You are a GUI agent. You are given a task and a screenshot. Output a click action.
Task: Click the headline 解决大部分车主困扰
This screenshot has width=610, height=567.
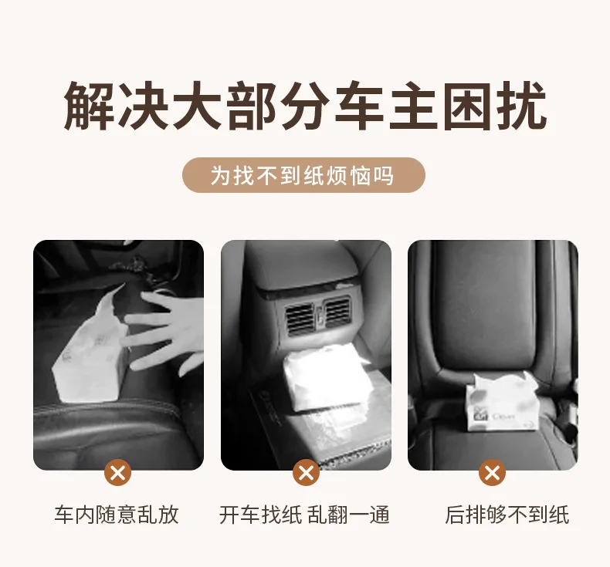click(306, 106)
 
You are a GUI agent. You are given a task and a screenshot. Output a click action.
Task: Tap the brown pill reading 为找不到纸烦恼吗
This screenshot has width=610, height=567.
click(303, 175)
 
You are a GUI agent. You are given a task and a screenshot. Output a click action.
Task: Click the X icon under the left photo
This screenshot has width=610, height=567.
click(118, 473)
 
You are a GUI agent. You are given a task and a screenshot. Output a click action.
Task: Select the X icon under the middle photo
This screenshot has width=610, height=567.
click(307, 473)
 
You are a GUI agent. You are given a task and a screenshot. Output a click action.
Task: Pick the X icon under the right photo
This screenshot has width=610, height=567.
click(492, 473)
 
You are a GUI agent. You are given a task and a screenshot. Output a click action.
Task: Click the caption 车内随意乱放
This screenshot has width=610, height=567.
click(117, 515)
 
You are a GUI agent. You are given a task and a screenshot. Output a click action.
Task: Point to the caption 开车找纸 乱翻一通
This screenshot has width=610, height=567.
click(304, 515)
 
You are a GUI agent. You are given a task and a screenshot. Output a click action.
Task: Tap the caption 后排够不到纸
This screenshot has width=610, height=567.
click(507, 515)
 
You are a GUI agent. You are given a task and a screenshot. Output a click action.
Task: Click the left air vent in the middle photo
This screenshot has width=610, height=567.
click(300, 319)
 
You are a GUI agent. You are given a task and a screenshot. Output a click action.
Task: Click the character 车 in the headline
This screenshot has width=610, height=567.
click(360, 106)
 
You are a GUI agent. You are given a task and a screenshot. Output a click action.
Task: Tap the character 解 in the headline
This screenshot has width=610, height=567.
click(89, 106)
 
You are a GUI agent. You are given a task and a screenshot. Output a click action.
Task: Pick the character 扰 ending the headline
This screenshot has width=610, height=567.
click(523, 106)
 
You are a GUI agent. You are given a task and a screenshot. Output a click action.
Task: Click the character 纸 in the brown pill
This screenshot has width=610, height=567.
click(313, 175)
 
